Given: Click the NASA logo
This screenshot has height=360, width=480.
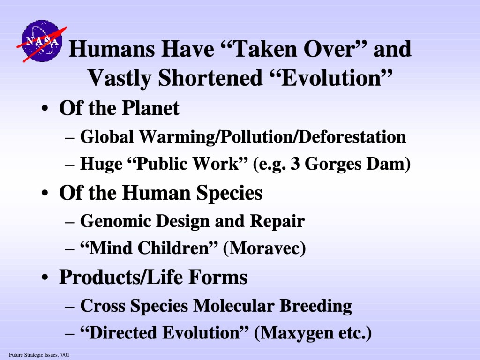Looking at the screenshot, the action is pyautogui.click(x=42, y=41).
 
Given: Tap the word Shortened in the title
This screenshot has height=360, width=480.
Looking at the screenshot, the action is pyautogui.click(x=210, y=78).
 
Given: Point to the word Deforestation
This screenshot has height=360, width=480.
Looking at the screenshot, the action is pyautogui.click(x=352, y=136).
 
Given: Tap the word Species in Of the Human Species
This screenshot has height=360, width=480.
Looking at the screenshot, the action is pyautogui.click(x=229, y=193).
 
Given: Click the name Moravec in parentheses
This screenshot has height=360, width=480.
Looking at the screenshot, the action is pyautogui.click(x=265, y=248).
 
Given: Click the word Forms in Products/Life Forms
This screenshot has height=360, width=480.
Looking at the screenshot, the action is pyautogui.click(x=217, y=277).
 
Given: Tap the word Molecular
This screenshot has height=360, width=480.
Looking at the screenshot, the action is pyautogui.click(x=234, y=306).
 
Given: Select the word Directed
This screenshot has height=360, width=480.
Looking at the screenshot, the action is pyautogui.click(x=123, y=333).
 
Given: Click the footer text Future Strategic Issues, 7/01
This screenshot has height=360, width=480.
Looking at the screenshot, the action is pyautogui.click(x=39, y=355).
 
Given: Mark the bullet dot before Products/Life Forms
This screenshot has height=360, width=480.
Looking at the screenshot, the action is pyautogui.click(x=45, y=277).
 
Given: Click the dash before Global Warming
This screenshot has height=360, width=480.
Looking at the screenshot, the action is pyautogui.click(x=70, y=138).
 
